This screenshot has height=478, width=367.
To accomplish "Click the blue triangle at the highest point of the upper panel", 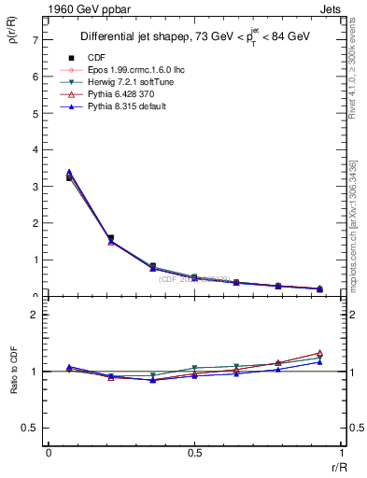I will point(69,172).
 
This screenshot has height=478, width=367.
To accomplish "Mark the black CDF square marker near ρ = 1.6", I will point(111,238).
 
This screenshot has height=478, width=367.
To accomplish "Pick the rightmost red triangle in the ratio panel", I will point(319,353).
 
